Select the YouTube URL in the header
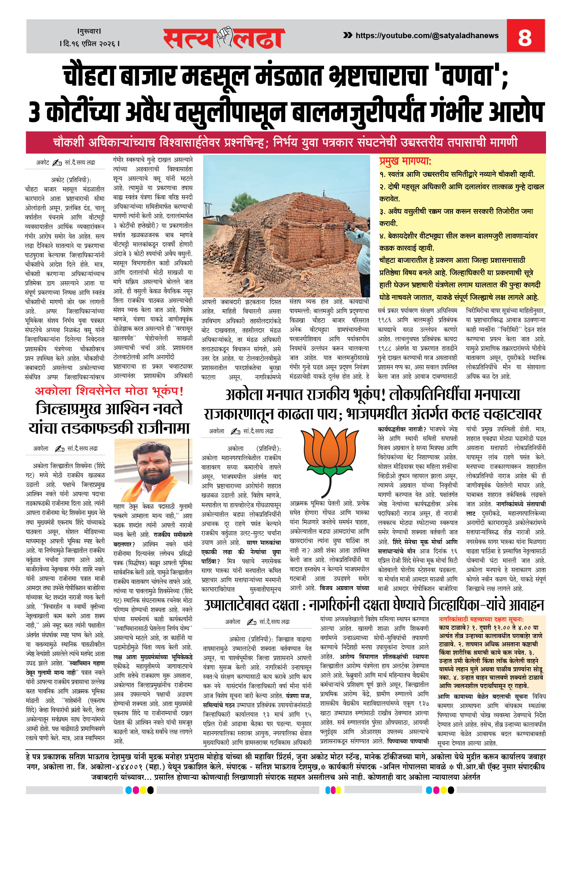427,36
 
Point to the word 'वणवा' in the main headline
469,76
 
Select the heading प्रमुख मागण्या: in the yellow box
405,161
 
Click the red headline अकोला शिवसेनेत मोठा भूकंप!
109,391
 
